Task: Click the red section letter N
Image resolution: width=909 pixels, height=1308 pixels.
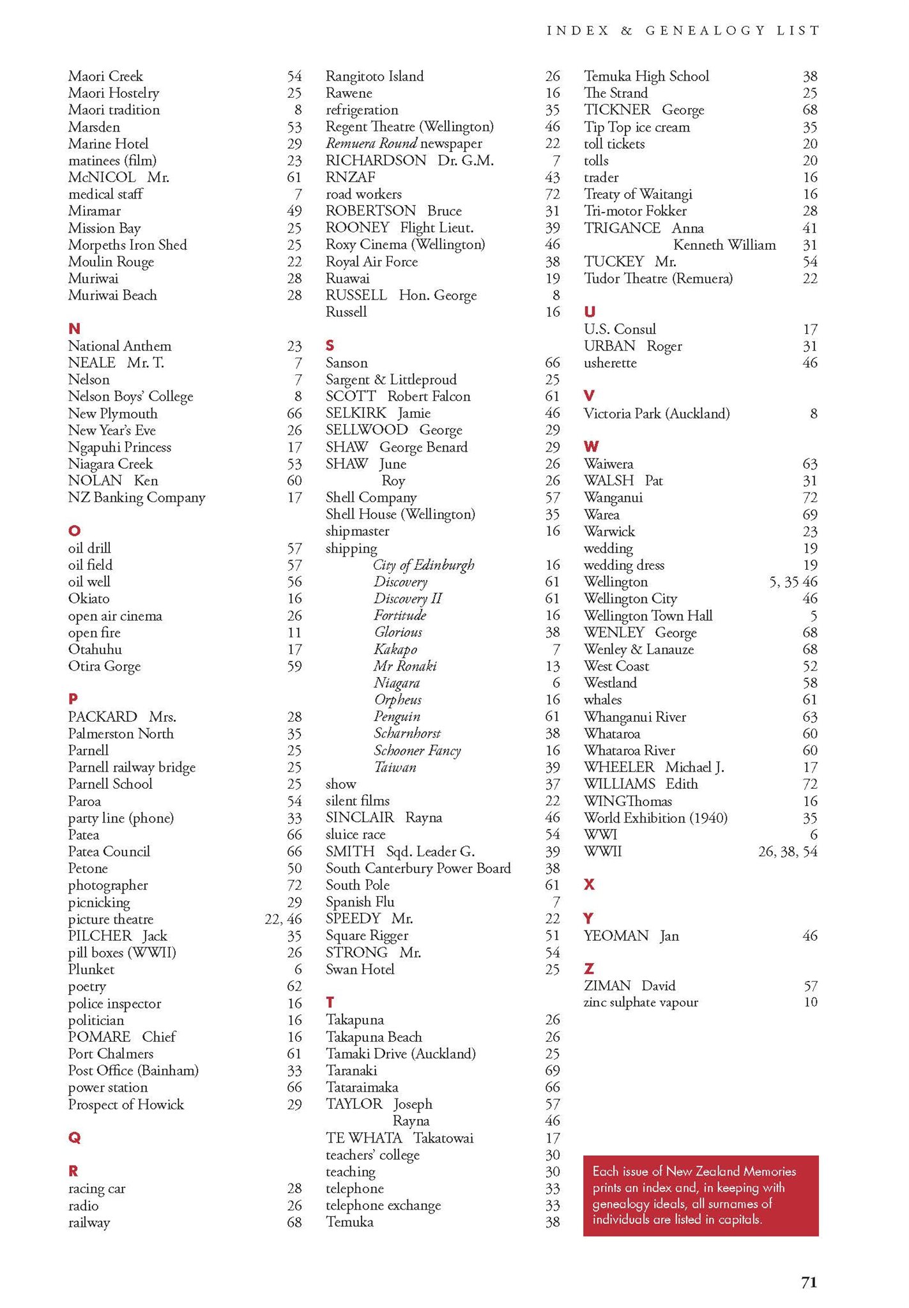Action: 74,329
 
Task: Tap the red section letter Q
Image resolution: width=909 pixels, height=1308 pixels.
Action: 74,1137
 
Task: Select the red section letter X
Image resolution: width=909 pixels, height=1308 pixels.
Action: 589,885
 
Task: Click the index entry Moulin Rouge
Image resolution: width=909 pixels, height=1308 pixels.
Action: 111,262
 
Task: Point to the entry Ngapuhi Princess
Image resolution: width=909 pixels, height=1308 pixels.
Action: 119,447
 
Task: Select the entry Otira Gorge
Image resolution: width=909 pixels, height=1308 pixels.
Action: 104,666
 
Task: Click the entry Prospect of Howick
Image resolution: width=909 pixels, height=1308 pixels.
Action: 126,1104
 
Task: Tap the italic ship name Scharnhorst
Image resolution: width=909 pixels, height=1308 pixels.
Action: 407,733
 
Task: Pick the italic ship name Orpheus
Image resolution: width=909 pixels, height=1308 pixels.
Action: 397,699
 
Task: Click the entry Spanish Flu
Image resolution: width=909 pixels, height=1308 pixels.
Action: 360,902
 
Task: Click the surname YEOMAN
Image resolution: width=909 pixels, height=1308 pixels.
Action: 616,936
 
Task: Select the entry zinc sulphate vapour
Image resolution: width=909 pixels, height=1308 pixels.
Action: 641,1002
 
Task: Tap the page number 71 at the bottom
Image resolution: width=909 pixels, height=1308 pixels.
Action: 809,1282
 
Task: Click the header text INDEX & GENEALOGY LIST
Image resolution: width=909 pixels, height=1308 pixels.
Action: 683,31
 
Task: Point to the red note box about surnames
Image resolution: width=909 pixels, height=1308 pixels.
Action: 700,1195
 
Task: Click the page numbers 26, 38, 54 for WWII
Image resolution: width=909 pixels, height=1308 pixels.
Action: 787,851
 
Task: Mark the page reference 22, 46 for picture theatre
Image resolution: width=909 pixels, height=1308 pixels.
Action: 283,919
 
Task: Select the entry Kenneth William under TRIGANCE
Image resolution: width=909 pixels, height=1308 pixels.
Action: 724,245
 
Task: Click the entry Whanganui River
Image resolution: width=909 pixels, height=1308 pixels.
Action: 635,717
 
